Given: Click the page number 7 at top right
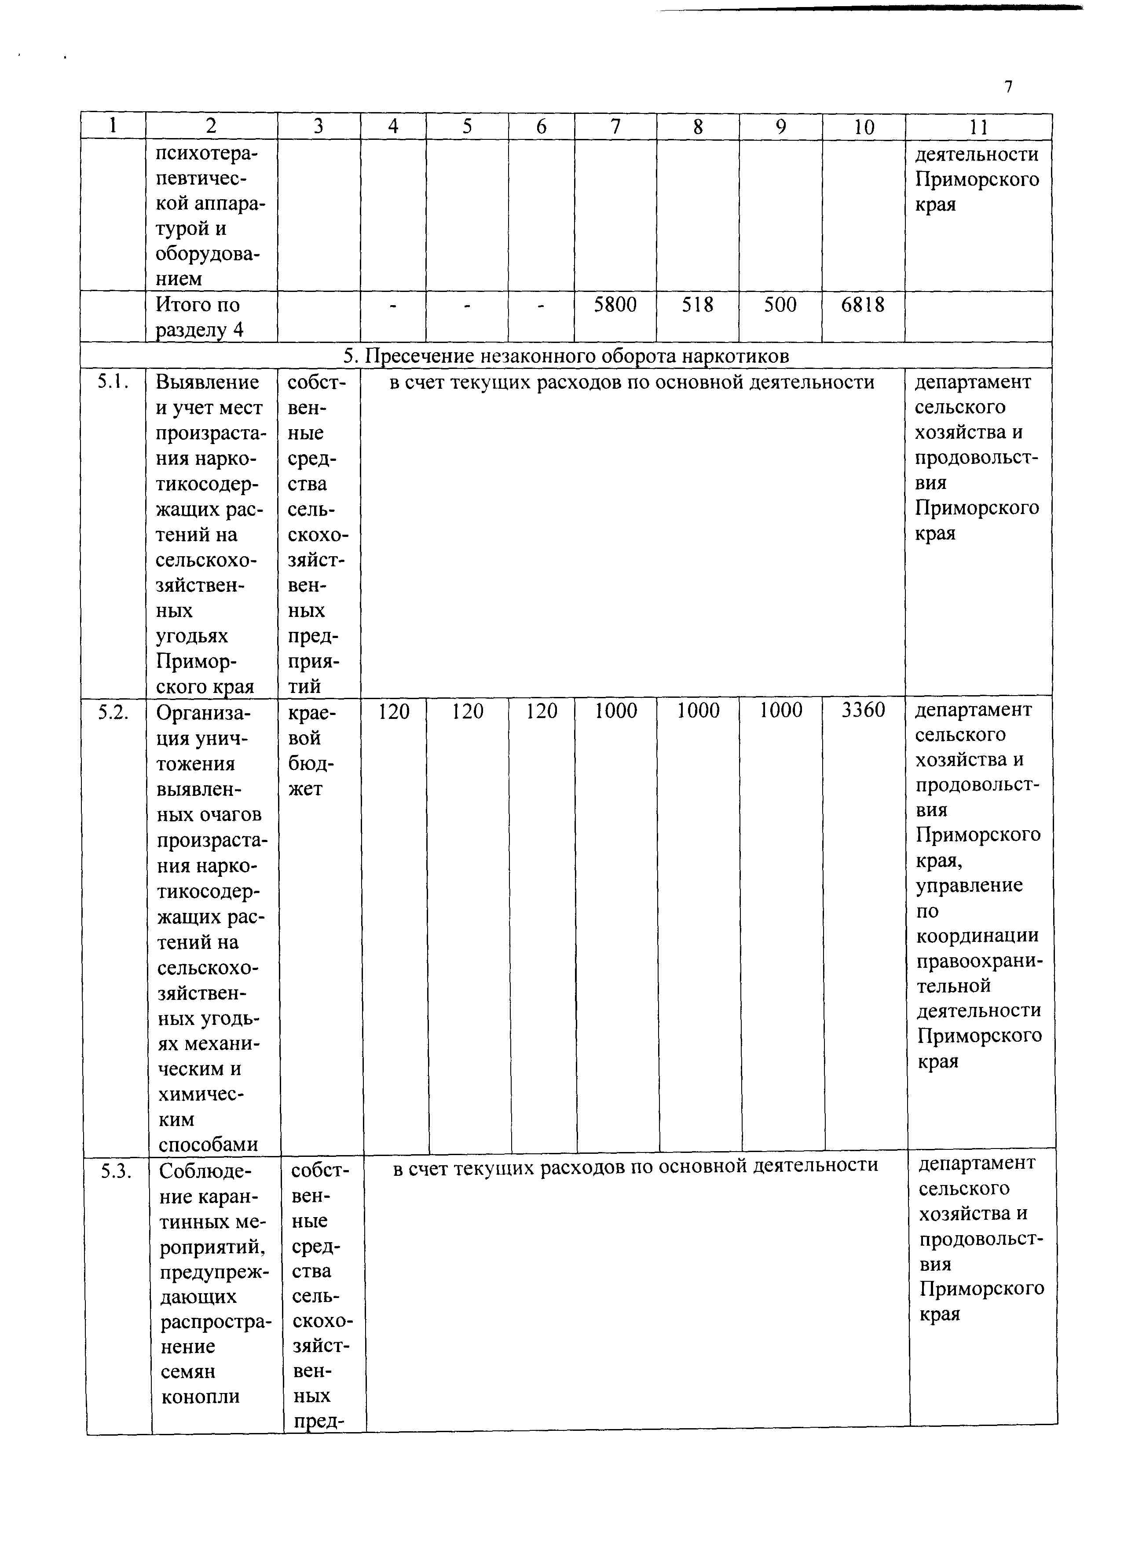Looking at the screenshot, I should click(x=1008, y=87).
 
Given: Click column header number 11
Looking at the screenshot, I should click(x=978, y=127).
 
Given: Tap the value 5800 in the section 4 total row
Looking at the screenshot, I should click(x=615, y=305).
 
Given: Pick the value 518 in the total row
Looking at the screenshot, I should click(x=697, y=305).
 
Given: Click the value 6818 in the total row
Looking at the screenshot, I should click(x=863, y=305).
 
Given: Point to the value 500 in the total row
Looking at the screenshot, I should click(x=780, y=305).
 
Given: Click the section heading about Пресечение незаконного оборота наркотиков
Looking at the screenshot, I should click(x=566, y=356).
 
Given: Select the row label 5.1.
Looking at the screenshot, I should click(x=113, y=382).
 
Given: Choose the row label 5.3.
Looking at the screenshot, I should click(x=116, y=1171).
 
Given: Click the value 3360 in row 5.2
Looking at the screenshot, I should click(x=863, y=710).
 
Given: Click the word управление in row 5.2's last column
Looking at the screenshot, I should click(x=969, y=886).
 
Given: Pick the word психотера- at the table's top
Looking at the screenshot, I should click(x=205, y=153).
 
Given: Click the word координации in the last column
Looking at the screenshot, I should click(x=978, y=936).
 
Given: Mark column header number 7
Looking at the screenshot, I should click(x=615, y=127).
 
